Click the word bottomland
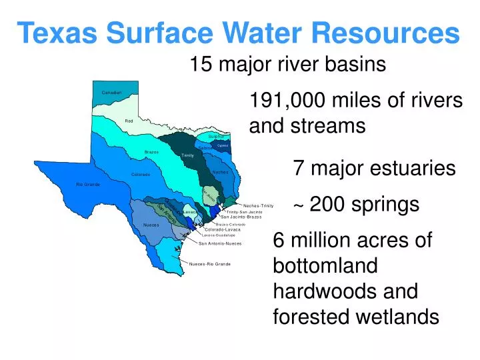325,266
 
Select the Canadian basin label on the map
111,92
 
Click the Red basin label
129,121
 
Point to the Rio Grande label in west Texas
87,184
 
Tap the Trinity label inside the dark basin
187,155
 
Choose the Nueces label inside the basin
151,225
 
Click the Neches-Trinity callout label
259,205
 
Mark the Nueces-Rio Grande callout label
210,264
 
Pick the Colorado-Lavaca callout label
223,230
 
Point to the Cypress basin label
223,145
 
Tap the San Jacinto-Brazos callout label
241,217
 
